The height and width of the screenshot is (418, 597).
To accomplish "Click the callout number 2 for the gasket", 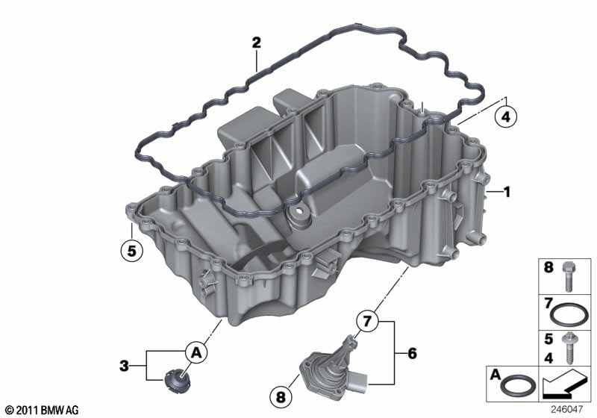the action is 256,43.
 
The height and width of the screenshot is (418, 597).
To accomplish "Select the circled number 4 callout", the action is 505,116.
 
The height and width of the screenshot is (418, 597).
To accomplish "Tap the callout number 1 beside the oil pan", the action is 507,193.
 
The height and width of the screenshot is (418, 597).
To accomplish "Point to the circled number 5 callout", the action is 131,251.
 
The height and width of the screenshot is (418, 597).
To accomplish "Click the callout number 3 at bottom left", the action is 124,366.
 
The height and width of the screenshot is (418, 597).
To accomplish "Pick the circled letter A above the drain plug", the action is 196,353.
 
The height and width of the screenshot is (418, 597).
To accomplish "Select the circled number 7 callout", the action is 366,321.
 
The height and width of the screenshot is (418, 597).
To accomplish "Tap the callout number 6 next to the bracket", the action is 413,353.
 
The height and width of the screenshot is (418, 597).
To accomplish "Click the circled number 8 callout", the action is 281,397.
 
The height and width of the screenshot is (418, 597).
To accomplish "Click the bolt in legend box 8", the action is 568,277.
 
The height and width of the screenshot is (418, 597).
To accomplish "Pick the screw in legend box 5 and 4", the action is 569,348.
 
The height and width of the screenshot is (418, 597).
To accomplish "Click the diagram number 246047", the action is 566,409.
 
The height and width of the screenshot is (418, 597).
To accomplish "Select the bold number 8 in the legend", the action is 548,268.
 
